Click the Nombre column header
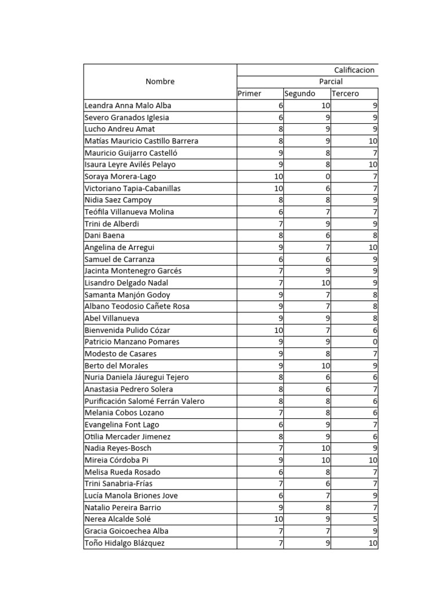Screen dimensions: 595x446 pyautogui.click(x=160, y=82)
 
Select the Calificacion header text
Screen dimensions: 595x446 pyautogui.click(x=354, y=70)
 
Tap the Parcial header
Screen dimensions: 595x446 pyautogui.click(x=330, y=82)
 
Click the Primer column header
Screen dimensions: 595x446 pyautogui.click(x=250, y=94)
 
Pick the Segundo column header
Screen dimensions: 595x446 pyautogui.click(x=300, y=94)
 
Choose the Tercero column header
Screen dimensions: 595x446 pyautogui.click(x=345, y=94)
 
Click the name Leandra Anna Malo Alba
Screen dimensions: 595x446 pyautogui.click(x=128, y=106)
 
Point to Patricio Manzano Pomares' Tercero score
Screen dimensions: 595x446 pyautogui.click(x=375, y=342)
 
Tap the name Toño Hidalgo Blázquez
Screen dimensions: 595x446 pyautogui.click(x=124, y=543)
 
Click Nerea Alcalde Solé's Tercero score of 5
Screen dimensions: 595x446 pyautogui.click(x=375, y=519)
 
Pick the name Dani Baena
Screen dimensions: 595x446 pyautogui.click(x=105, y=236)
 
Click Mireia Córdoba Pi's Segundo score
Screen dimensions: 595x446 pyautogui.click(x=325, y=460)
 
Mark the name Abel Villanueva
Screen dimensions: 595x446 pyautogui.click(x=113, y=318)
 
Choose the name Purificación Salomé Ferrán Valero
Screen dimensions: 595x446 pyautogui.click(x=144, y=401)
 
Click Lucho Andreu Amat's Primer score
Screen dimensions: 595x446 pyautogui.click(x=280, y=129)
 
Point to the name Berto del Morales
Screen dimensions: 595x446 pyautogui.click(x=116, y=365)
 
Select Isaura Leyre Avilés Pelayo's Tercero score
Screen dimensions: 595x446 pyautogui.click(x=373, y=164)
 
